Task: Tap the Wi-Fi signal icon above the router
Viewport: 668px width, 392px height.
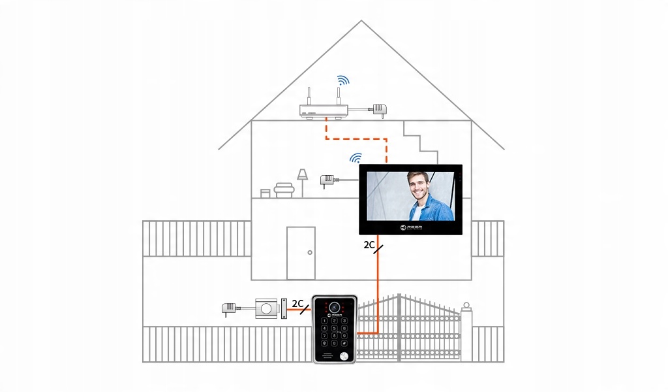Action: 343,80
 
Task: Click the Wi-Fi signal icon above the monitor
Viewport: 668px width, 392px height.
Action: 356,157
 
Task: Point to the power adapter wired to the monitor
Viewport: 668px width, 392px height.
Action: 327,179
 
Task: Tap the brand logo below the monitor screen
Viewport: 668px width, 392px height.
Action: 410,227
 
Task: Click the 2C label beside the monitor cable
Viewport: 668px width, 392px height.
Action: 369,246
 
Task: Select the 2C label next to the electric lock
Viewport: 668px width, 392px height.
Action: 297,303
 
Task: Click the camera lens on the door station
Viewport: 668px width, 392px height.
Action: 335,306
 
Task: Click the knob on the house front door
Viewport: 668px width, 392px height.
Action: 310,253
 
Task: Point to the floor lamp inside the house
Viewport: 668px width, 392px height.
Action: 302,182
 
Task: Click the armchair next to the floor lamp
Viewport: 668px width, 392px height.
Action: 284,190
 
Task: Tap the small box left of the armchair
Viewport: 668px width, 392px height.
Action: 265,193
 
